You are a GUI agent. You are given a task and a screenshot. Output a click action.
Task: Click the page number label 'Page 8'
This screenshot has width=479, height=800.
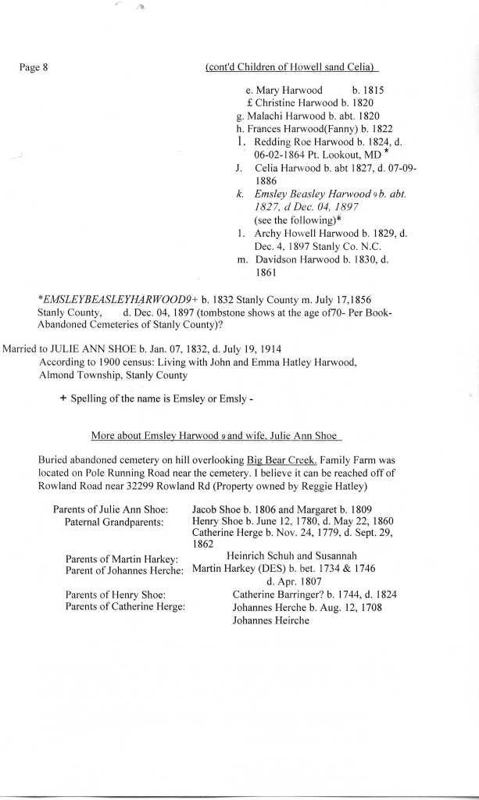[33, 67]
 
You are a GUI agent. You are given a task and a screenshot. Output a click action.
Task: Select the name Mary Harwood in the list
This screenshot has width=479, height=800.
[289, 91]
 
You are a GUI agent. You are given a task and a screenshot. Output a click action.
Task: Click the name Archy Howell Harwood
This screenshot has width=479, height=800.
[306, 234]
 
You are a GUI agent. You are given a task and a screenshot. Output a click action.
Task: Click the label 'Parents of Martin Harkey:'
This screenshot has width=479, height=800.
[121, 558]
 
